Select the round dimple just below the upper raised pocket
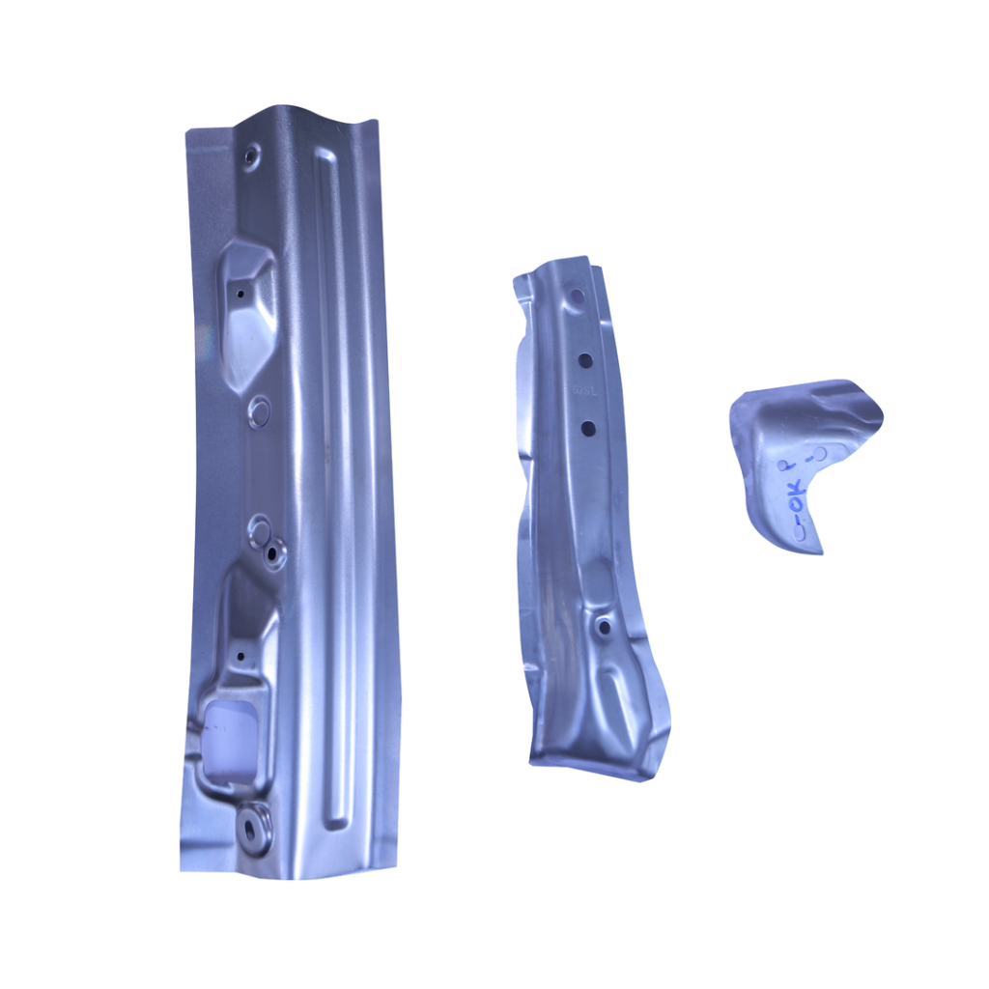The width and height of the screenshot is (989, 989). [x=259, y=412]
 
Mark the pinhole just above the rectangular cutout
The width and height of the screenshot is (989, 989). [x=240, y=656]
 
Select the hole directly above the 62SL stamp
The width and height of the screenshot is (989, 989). [x=585, y=359]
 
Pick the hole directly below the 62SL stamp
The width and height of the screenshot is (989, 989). [x=586, y=426]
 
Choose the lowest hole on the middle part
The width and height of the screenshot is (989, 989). [x=605, y=627]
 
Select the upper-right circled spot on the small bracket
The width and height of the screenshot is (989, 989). [x=821, y=454]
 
